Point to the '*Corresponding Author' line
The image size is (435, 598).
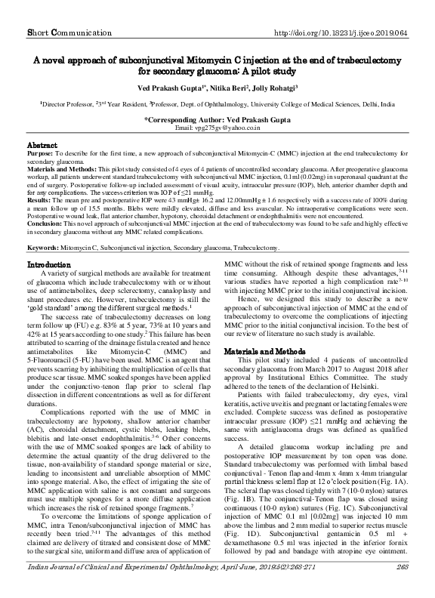pos(217,119)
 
